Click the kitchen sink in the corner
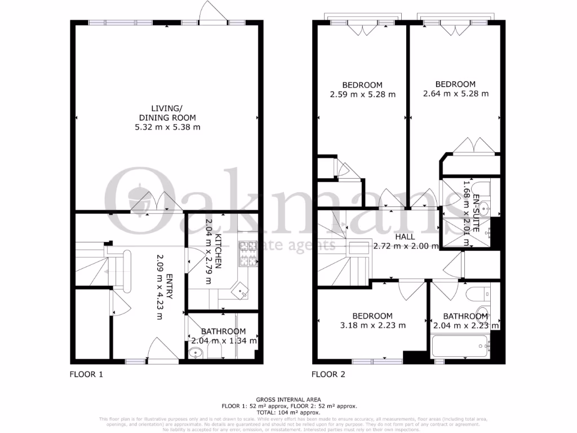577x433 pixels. (243, 293)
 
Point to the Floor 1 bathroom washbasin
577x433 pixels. (195, 354)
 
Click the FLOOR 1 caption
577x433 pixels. (86, 374)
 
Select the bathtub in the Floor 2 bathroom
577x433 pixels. (460, 346)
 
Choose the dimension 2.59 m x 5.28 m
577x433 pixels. (362, 94)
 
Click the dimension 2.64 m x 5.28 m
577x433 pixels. (455, 94)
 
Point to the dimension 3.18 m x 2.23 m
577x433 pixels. (372, 325)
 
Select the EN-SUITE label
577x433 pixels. (476, 214)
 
